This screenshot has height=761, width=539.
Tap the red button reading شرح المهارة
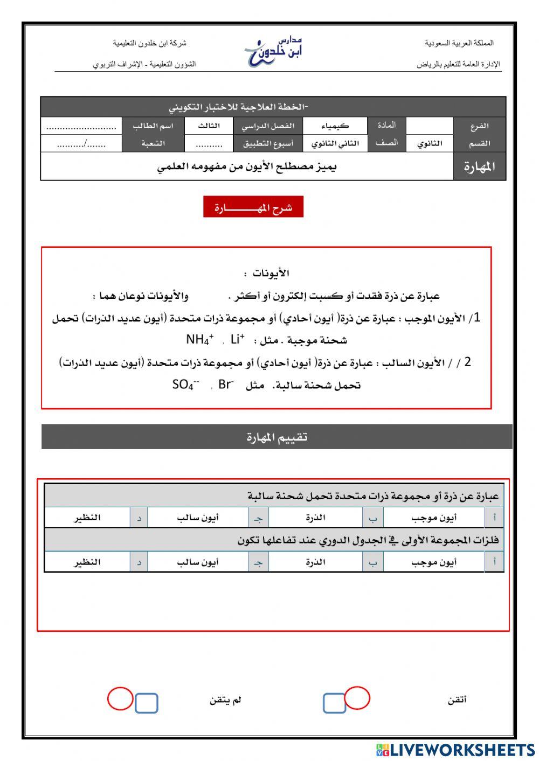tap(253, 207)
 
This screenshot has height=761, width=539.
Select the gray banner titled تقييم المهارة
tap(277, 437)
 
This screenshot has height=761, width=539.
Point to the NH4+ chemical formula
tap(199, 340)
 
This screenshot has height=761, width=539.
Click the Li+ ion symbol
tap(237, 339)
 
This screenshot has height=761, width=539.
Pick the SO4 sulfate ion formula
tap(185, 385)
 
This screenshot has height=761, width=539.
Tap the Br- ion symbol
tap(226, 385)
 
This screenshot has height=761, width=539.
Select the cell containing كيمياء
tap(335, 126)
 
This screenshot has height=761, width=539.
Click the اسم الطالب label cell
tap(153, 126)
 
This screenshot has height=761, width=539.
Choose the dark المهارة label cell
tap(479, 167)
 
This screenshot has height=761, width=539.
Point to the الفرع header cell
tap(479, 126)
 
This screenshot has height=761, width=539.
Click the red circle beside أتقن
tap(357, 698)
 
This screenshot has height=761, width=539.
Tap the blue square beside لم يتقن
tap(146, 703)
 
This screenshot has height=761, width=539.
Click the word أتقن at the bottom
tap(457, 700)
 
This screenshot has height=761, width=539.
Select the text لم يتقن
tap(225, 700)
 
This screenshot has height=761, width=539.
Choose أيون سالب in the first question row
tap(198, 518)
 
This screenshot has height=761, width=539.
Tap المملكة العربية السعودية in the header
tap(459, 43)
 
